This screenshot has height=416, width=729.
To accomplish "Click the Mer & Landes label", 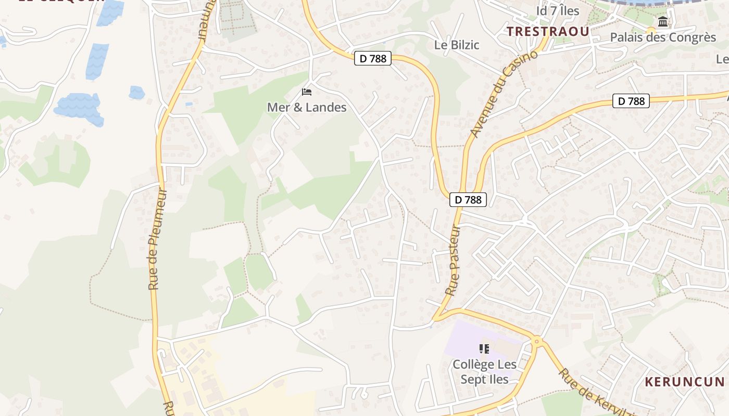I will (x=307, y=108).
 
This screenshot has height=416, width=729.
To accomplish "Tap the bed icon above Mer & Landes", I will (x=307, y=92).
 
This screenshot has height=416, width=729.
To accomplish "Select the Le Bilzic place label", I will (x=457, y=45).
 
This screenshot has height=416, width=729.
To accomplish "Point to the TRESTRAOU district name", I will (x=548, y=32).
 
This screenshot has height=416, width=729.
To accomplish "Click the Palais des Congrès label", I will (x=663, y=37).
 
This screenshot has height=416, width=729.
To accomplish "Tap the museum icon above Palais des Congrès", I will (x=663, y=22).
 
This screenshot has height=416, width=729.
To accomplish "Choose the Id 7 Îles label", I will (x=558, y=11).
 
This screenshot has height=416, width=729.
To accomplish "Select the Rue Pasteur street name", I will (x=454, y=260).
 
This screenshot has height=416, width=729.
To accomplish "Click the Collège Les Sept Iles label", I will (x=484, y=372).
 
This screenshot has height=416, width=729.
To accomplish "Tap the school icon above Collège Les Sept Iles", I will (x=484, y=348).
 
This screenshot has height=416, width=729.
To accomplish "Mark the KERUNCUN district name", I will (x=685, y=382).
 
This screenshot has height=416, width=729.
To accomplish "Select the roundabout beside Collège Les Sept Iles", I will (x=536, y=342).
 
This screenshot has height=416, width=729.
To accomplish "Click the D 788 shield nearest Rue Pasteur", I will (x=468, y=200).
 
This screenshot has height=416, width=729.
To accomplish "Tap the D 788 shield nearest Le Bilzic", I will (x=373, y=58).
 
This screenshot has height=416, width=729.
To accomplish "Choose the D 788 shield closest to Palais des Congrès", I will (x=631, y=101).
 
